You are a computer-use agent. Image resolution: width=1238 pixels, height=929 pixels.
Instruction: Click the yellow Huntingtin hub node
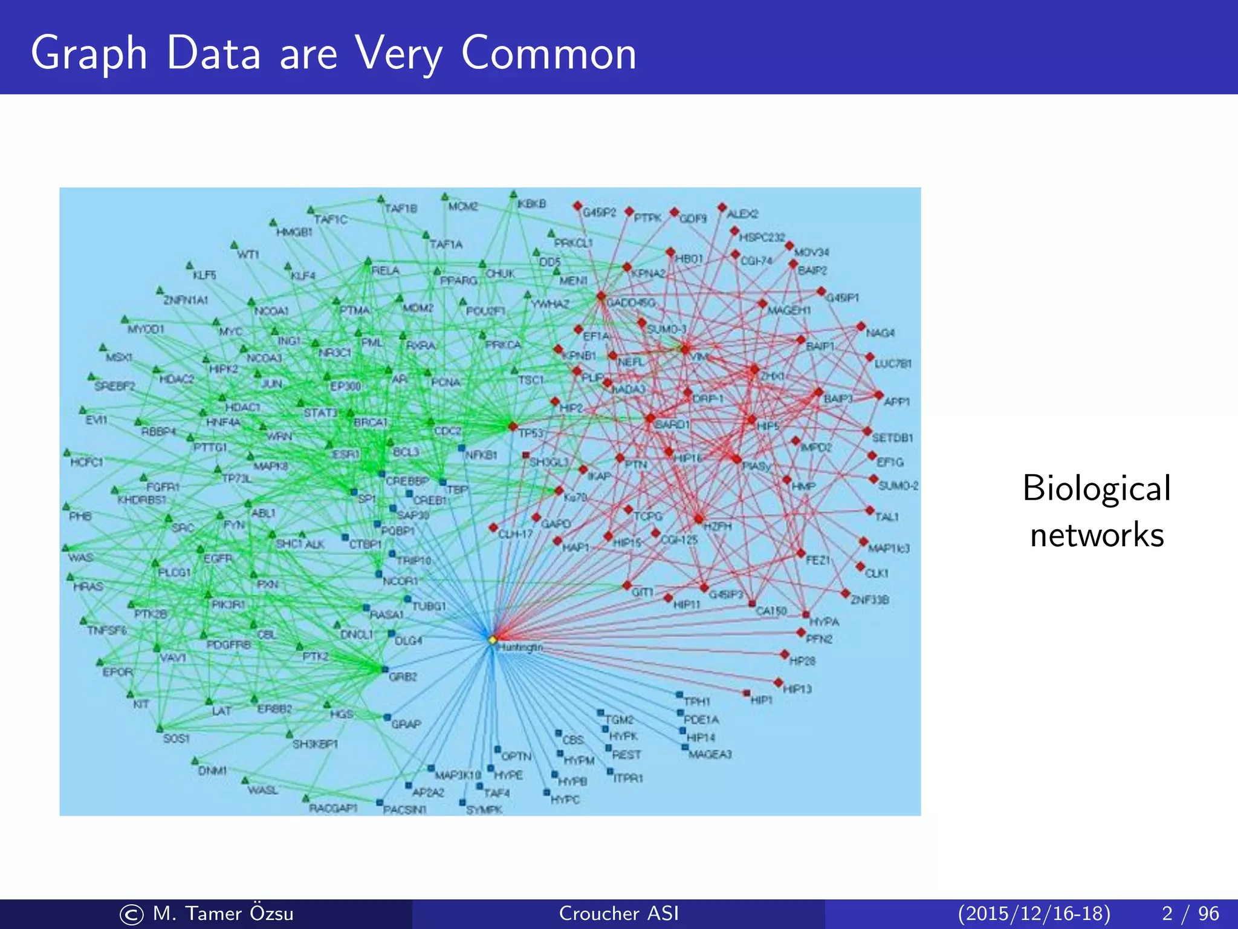(492, 639)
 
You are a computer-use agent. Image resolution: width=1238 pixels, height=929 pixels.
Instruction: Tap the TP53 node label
(531, 433)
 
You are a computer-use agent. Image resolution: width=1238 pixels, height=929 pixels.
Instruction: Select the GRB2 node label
(403, 677)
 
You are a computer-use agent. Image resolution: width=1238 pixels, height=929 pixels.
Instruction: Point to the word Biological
(1097, 489)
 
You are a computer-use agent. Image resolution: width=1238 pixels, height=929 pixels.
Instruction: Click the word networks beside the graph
(1097, 535)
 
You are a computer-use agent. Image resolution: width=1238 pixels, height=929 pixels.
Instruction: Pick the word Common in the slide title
(548, 53)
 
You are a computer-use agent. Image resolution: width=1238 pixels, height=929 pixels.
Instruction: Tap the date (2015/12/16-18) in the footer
(1034, 913)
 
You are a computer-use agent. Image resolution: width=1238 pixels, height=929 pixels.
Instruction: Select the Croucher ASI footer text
(618, 913)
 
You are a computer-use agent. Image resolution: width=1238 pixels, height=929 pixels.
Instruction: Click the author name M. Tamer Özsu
(223, 913)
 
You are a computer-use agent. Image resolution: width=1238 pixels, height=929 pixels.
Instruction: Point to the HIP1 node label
(762, 700)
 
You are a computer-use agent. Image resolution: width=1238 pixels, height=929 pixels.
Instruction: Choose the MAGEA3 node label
(710, 754)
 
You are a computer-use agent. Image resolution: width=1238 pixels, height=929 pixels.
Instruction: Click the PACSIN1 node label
(405, 810)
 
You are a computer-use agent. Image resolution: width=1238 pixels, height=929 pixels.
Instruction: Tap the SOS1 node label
(177, 738)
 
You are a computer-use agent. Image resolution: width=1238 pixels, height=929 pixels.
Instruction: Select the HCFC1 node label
(87, 462)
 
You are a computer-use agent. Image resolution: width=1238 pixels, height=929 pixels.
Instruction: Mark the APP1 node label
(897, 402)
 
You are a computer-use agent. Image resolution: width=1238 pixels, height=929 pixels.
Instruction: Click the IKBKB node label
(532, 204)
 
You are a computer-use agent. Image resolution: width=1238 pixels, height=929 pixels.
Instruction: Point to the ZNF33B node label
(870, 600)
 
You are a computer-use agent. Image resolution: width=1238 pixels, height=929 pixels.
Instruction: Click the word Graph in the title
(89, 53)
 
